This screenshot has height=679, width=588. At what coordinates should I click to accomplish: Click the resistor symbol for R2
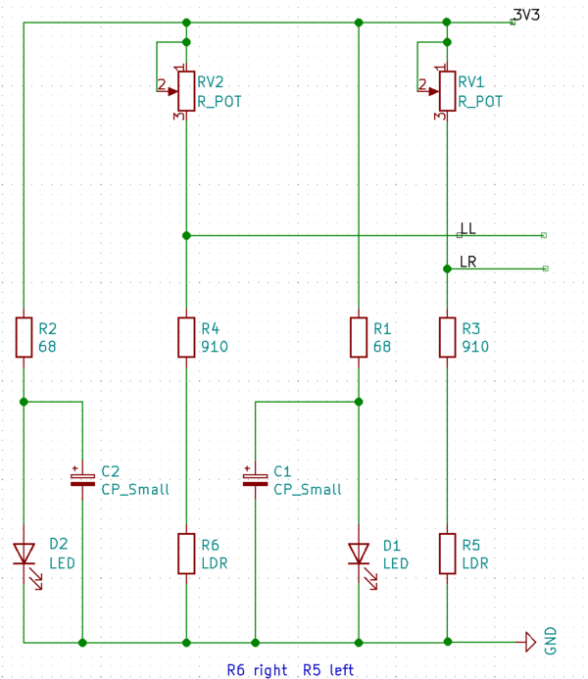[24, 336]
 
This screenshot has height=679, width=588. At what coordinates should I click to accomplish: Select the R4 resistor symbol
[185, 336]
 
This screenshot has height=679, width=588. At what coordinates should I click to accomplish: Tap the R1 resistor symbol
[359, 336]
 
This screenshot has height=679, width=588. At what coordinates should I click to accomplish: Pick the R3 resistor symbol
[447, 336]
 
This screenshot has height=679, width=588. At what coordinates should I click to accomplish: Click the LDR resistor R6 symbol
[185, 554]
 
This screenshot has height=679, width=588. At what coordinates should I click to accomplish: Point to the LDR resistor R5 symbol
[447, 554]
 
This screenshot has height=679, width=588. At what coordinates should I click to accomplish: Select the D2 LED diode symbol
[24, 556]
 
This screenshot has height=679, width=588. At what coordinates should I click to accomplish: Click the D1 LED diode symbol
[359, 556]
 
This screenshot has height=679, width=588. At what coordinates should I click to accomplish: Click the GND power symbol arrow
[529, 642]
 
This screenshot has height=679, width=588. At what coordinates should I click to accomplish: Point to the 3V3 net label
[525, 15]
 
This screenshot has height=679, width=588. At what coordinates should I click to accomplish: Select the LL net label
[467, 228]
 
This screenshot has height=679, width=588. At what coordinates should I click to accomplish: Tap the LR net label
[467, 262]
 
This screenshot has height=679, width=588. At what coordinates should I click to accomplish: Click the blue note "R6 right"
[257, 670]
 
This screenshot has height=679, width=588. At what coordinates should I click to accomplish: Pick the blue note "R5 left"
[328, 670]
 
